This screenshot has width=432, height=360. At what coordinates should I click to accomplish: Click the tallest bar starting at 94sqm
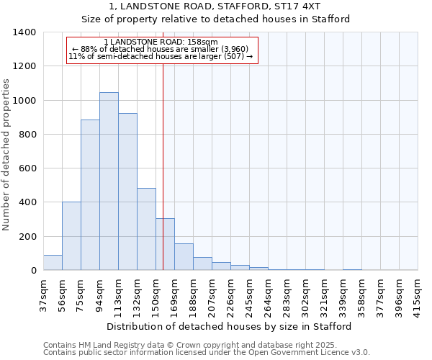click(109, 181)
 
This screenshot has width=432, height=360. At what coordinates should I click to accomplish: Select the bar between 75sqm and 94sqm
click(90, 195)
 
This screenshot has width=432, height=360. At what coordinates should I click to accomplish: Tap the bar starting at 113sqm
click(127, 192)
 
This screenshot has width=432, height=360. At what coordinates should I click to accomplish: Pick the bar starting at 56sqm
click(71, 236)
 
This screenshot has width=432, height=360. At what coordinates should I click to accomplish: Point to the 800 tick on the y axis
click(27, 135)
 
